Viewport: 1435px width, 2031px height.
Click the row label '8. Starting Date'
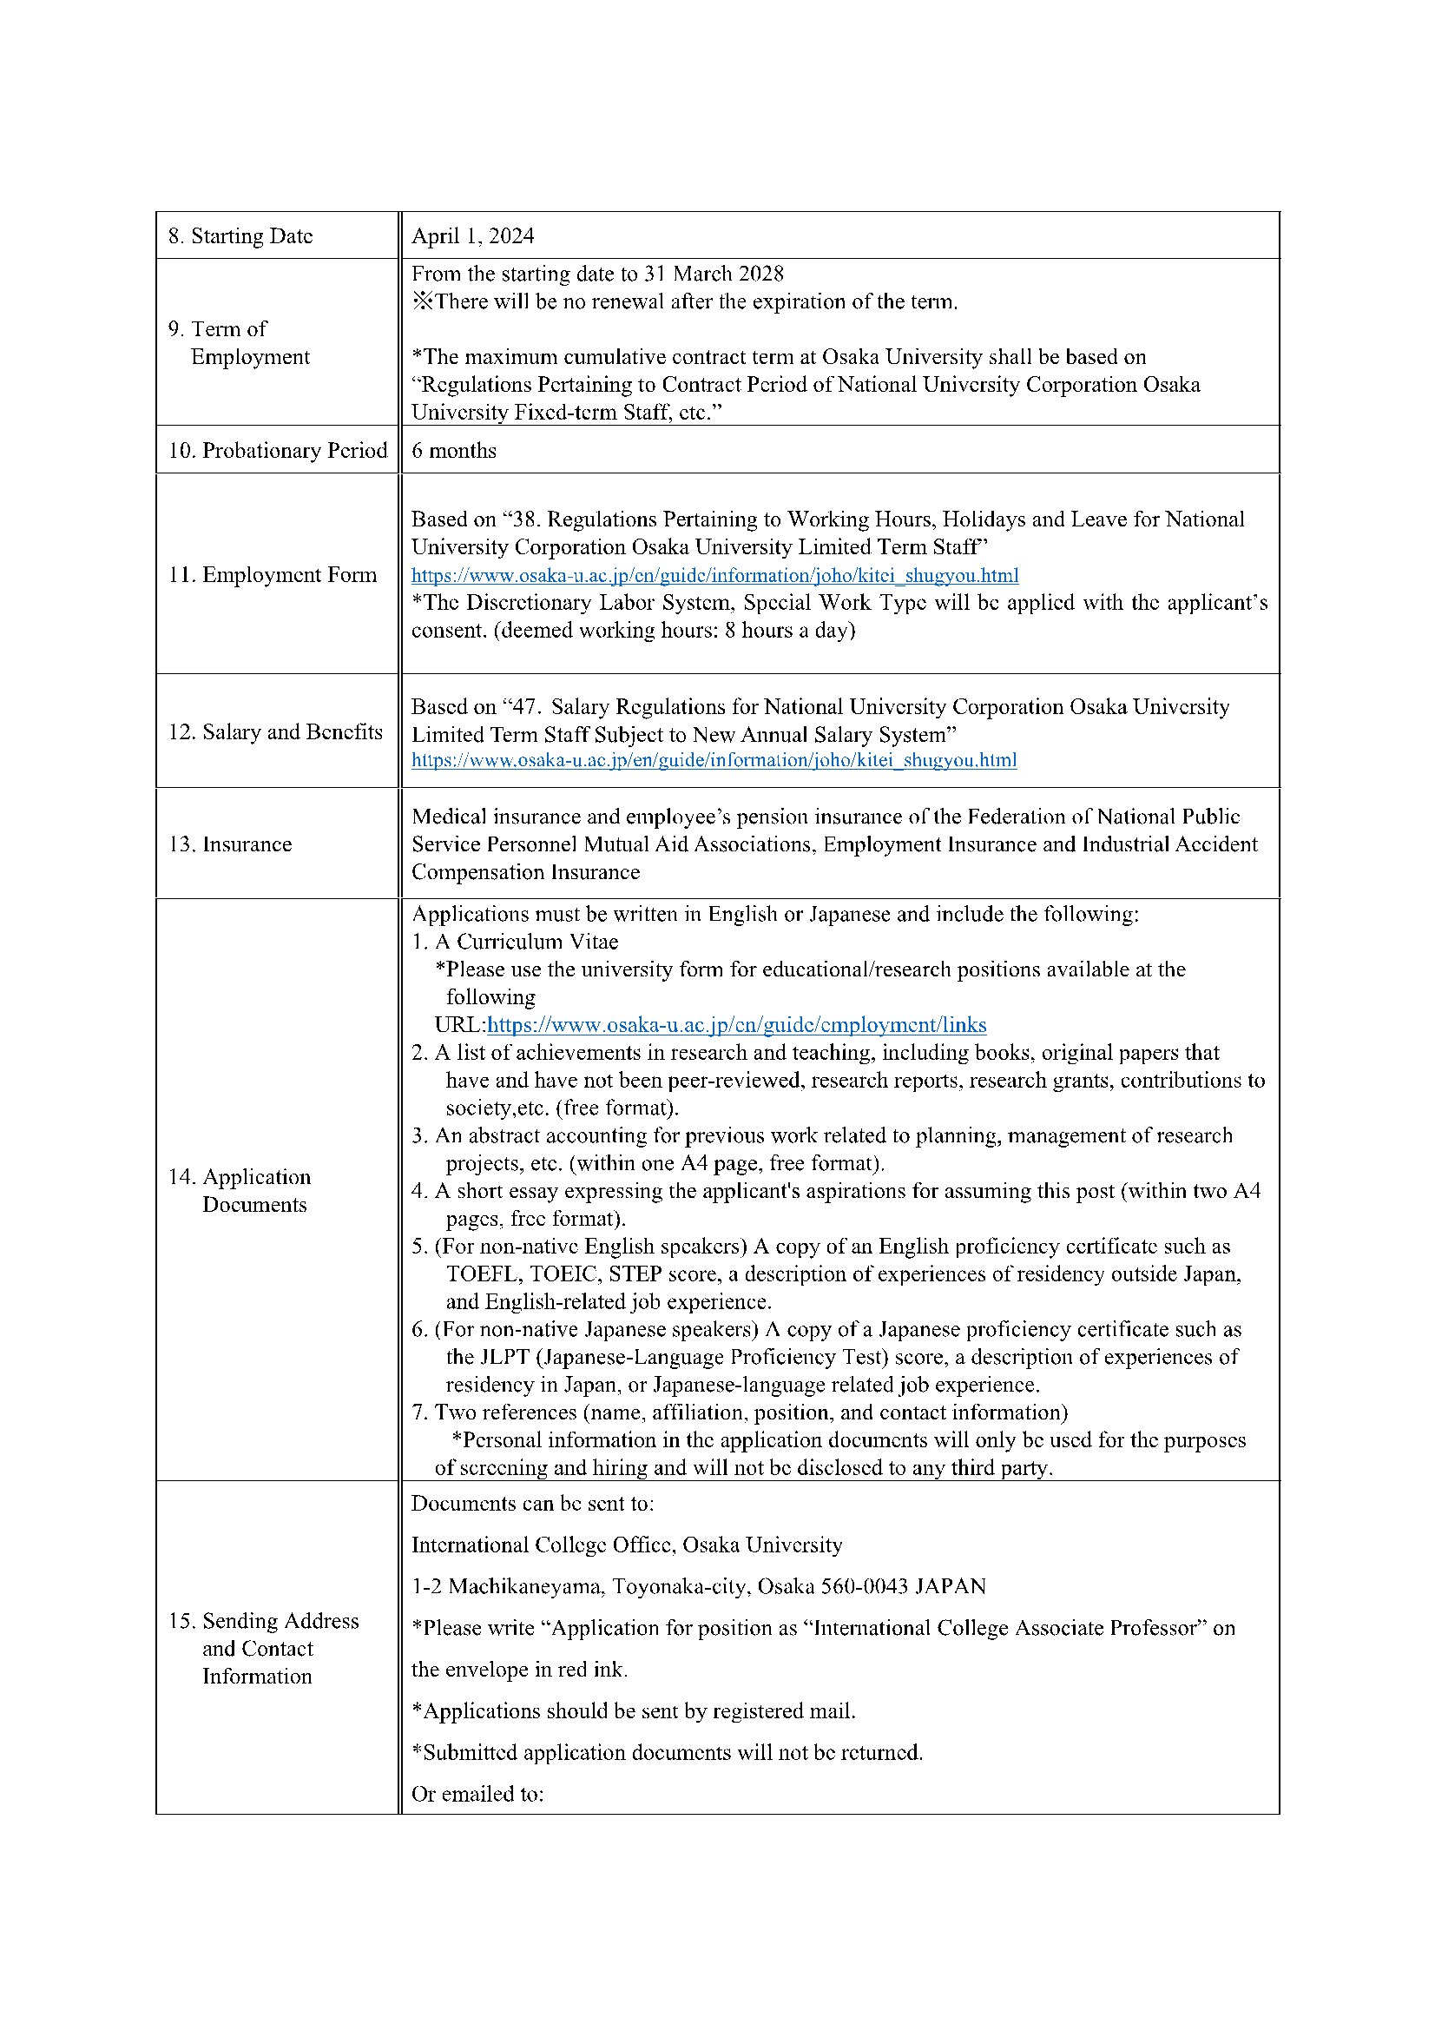click(240, 236)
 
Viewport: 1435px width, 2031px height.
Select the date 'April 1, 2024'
click(472, 236)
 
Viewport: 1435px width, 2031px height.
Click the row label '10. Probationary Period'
click(278, 450)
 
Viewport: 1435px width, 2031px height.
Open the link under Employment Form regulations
click(714, 575)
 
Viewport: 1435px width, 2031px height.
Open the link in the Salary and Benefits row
click(714, 760)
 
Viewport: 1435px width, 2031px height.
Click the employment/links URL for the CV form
click(736, 1024)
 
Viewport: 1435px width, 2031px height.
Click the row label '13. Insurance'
click(230, 843)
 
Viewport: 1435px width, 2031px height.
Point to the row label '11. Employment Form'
click(273, 575)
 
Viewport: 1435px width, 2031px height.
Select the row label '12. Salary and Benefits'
click(275, 731)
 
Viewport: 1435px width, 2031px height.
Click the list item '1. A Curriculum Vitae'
click(515, 941)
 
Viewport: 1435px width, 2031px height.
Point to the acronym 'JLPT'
click(504, 1357)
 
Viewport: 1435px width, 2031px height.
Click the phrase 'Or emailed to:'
click(477, 1794)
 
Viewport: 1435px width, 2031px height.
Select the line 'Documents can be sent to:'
click(532, 1503)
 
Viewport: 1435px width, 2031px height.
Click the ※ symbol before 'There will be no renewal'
click(423, 301)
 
